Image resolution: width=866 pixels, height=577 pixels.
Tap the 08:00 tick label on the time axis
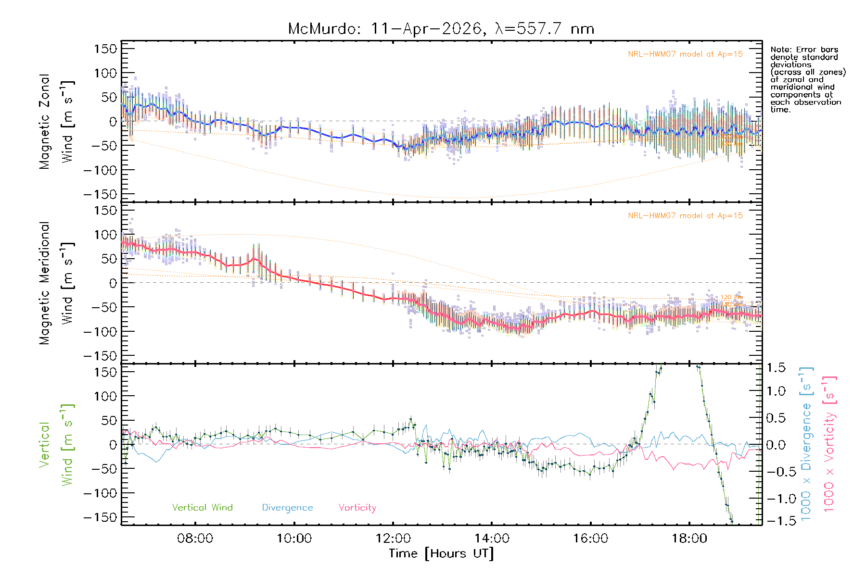pyautogui.click(x=195, y=538)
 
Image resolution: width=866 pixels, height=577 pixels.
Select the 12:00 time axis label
pyautogui.click(x=393, y=538)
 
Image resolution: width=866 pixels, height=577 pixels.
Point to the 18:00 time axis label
pyautogui.click(x=689, y=538)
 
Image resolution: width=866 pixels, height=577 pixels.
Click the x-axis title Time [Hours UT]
pyautogui.click(x=441, y=553)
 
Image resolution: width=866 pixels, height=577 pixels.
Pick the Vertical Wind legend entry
pyautogui.click(x=202, y=507)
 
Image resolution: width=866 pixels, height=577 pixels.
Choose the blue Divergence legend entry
pyautogui.click(x=287, y=507)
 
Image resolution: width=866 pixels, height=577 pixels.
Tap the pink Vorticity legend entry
pyautogui.click(x=357, y=507)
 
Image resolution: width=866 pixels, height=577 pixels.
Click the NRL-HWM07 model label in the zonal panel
pyautogui.click(x=685, y=54)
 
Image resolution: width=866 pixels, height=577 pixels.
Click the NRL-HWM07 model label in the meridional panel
pyautogui.click(x=685, y=215)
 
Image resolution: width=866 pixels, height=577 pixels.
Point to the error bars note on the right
pyautogui.click(x=808, y=79)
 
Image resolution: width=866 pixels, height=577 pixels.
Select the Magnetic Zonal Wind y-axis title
pyautogui.click(x=56, y=122)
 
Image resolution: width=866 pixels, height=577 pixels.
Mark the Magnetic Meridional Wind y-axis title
pyautogui.click(x=56, y=283)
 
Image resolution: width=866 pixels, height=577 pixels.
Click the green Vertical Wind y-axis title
pyautogui.click(x=56, y=445)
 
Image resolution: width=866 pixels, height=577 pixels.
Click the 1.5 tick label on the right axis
pyautogui.click(x=776, y=368)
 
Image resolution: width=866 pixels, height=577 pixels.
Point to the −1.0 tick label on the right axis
pyautogui.click(x=776, y=498)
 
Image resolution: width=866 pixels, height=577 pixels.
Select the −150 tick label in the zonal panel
pyautogui.click(x=101, y=194)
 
